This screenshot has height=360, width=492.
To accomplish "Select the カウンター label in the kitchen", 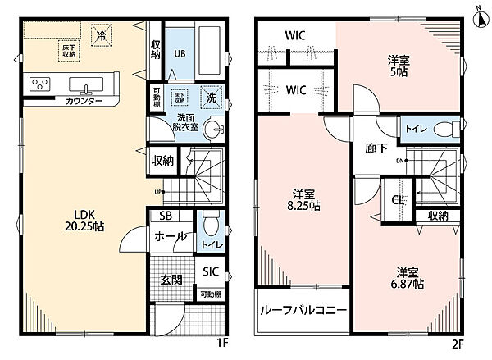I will coord(61,100).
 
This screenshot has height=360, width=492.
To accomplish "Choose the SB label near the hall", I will coord(165,217).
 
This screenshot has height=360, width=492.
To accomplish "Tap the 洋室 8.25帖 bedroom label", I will coord(303,200).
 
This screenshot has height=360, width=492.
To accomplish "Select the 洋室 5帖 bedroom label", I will coord(399,65).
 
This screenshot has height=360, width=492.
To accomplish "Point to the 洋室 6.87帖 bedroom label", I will coord(407,276).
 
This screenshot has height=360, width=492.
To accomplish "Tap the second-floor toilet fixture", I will coord(443,130).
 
